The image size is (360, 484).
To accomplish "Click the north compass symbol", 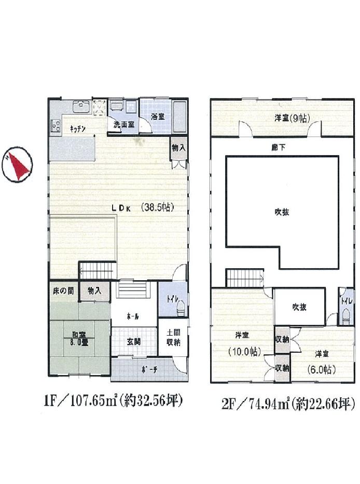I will point(17,165).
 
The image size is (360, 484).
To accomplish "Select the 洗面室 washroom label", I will point(124,125).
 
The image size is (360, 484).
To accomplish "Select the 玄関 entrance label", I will point(134,341).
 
